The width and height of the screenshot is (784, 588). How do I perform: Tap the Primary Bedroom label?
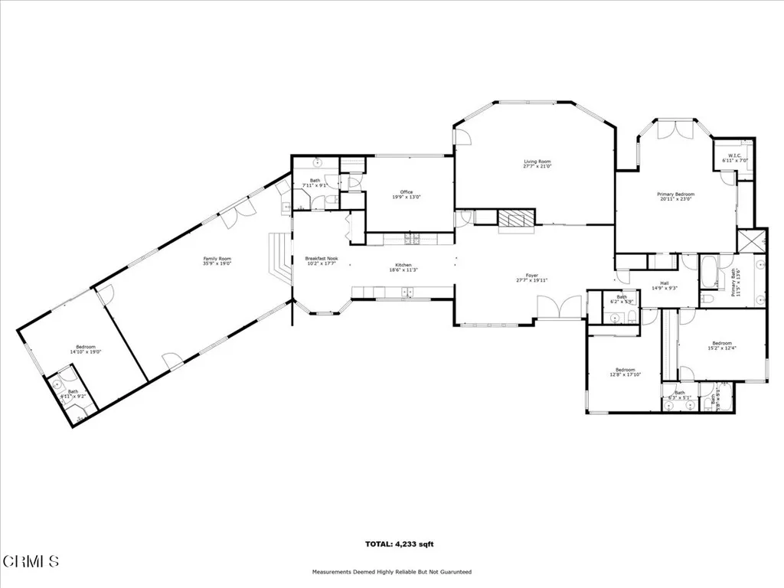click(675, 197)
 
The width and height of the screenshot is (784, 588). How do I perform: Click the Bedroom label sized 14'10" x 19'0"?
click(85, 349)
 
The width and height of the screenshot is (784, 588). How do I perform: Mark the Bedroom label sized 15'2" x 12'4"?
click(722, 345)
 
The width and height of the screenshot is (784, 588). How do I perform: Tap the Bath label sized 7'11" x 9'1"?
click(315, 183)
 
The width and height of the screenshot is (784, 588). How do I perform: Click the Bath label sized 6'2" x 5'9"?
click(622, 299)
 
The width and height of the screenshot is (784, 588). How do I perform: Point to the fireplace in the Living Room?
click(515, 218)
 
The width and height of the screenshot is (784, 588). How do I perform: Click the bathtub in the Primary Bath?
click(709, 271)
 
